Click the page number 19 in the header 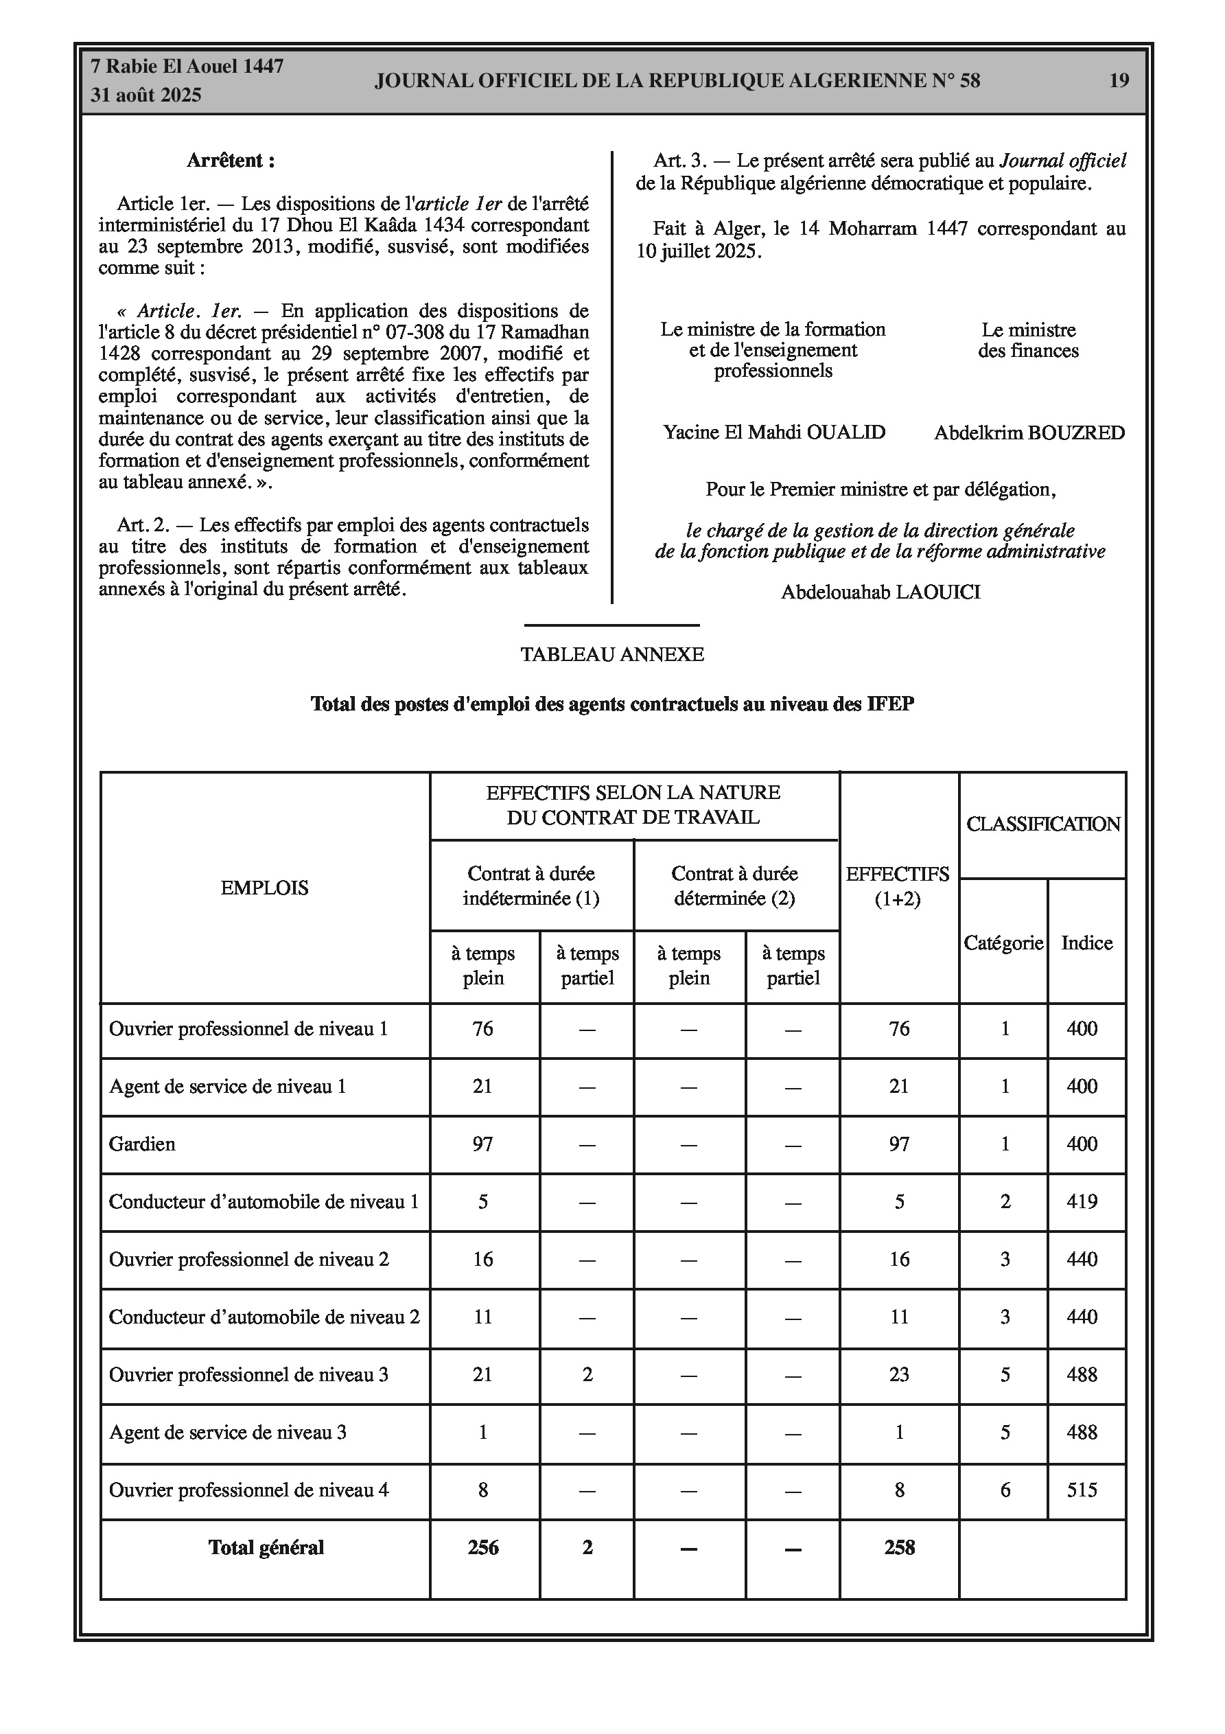pyautogui.click(x=1119, y=81)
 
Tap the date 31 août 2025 pyautogui.click(x=145, y=95)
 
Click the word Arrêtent pyautogui.click(x=231, y=161)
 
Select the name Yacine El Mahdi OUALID pyautogui.click(x=774, y=432)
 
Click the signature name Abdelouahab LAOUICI pyautogui.click(x=880, y=592)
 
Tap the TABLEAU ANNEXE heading pyautogui.click(x=611, y=655)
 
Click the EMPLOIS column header pyautogui.click(x=264, y=888)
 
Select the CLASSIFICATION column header pyautogui.click(x=1043, y=824)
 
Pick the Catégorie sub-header pyautogui.click(x=1003, y=943)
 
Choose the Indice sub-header pyautogui.click(x=1086, y=943)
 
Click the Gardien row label pyautogui.click(x=142, y=1144)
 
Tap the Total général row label pyautogui.click(x=266, y=1547)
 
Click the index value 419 pyautogui.click(x=1082, y=1201)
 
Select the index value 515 pyautogui.click(x=1082, y=1490)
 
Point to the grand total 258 pyautogui.click(x=899, y=1547)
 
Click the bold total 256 pyautogui.click(x=482, y=1547)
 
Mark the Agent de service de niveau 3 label pyautogui.click(x=227, y=1433)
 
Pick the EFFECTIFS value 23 pyautogui.click(x=899, y=1374)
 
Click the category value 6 pyautogui.click(x=1005, y=1490)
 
